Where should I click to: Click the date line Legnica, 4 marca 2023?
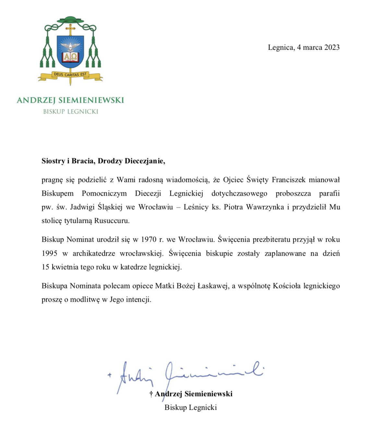pos(304,47)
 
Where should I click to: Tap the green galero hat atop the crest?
pos(70,19)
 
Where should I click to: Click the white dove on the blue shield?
pos(70,46)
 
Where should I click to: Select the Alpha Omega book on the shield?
pos(70,57)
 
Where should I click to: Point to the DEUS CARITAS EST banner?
pos(70,75)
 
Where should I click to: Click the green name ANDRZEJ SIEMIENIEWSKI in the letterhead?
pos(70,100)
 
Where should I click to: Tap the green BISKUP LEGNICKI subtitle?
pos(70,112)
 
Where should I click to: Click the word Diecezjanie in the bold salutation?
pos(145,161)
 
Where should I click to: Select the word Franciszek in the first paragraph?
pos(288,180)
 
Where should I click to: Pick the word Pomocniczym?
pos(104,193)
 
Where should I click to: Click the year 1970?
pos(149,239)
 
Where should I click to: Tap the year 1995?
pos(50,253)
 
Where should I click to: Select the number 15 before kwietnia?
pos(45,267)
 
